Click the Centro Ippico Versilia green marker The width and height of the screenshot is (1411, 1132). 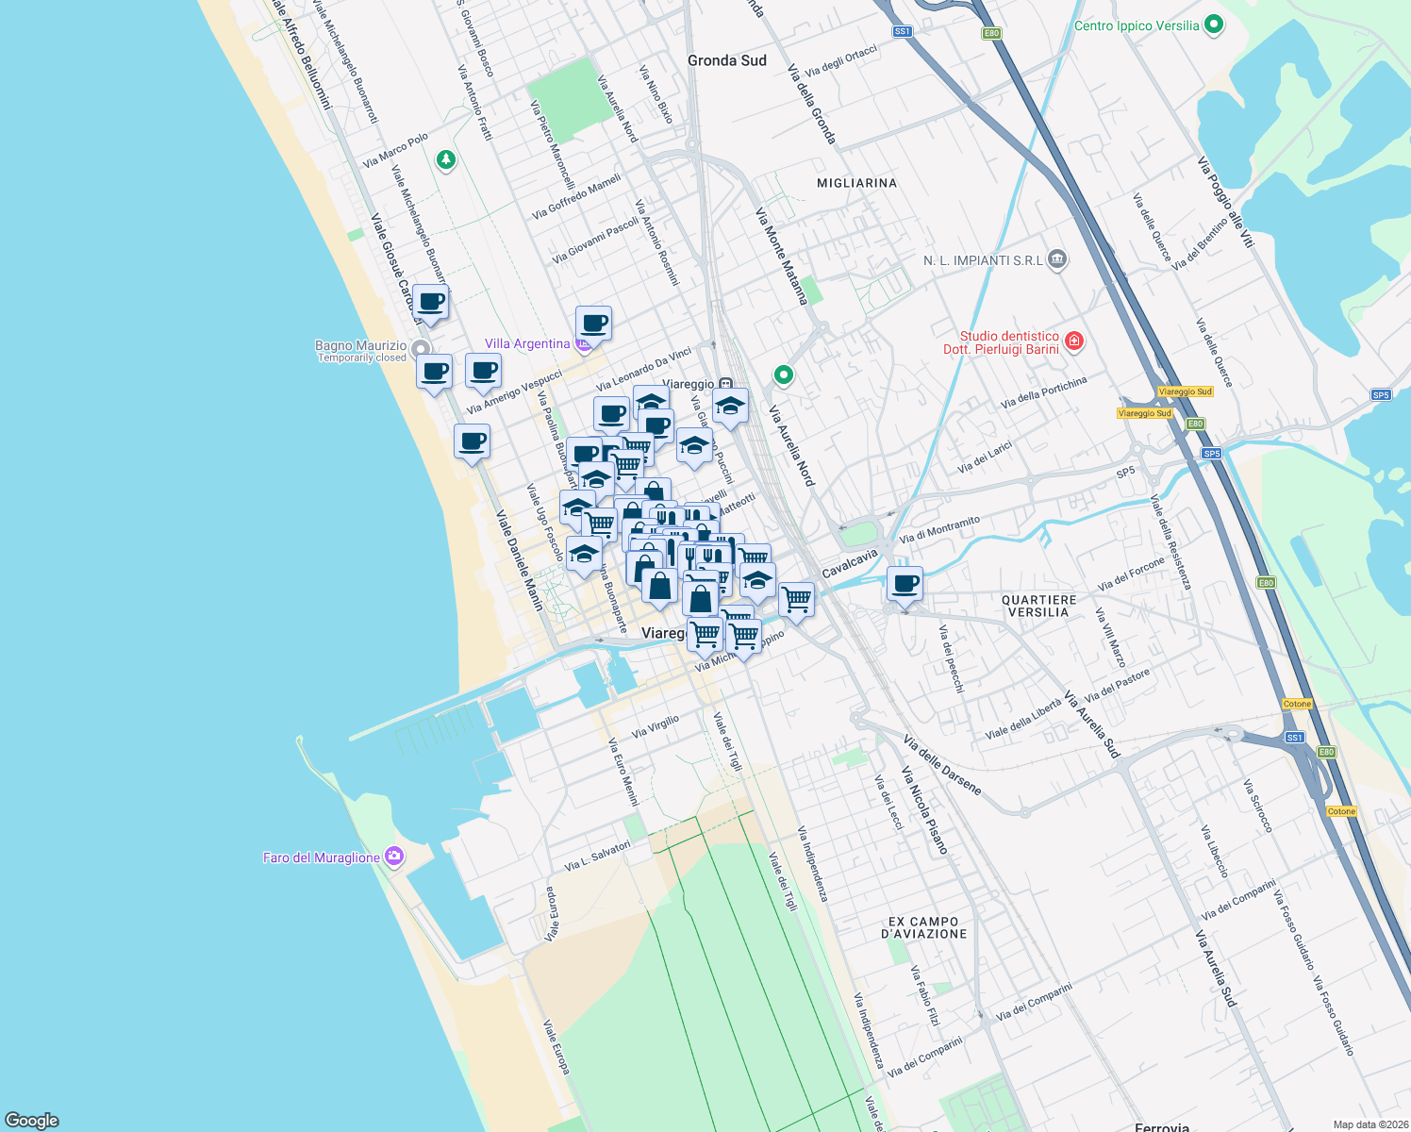pyautogui.click(x=1214, y=25)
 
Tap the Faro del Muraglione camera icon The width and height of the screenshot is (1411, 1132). pyautogui.click(x=394, y=857)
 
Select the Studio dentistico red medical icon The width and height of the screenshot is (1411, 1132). pyautogui.click(x=1073, y=341)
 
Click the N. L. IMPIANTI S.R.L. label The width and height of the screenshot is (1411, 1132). pyautogui.click(x=983, y=260)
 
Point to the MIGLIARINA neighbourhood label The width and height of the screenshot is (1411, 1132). pyautogui.click(x=856, y=183)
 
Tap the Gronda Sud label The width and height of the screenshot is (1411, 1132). pyautogui.click(x=726, y=60)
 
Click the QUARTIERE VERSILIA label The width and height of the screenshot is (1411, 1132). pyautogui.click(x=1038, y=606)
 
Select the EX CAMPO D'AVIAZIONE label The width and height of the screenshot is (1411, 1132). pyautogui.click(x=923, y=927)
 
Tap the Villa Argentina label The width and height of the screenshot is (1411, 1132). pyautogui.click(x=527, y=343)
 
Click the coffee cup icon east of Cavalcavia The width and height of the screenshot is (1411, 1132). pyautogui.click(x=905, y=583)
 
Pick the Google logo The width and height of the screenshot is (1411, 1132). pyautogui.click(x=32, y=1120)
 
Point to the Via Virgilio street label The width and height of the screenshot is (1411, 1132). pyautogui.click(x=655, y=726)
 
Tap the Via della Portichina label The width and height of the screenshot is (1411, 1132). pyautogui.click(x=1043, y=391)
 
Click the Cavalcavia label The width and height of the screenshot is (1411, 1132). pyautogui.click(x=849, y=564)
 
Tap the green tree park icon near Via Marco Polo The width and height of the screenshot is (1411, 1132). pyautogui.click(x=446, y=160)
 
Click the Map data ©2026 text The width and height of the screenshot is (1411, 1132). pyautogui.click(x=1369, y=1124)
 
